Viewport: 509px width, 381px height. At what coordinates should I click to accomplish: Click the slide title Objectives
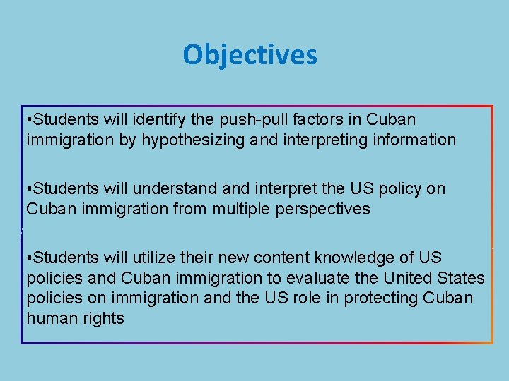(x=250, y=55)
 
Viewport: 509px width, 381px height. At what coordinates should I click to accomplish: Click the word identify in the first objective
(x=176, y=119)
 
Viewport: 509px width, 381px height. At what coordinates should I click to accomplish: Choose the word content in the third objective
(x=296, y=258)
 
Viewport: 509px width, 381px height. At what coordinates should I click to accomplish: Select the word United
(x=402, y=278)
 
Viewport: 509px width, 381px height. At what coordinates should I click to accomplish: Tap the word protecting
(x=379, y=298)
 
